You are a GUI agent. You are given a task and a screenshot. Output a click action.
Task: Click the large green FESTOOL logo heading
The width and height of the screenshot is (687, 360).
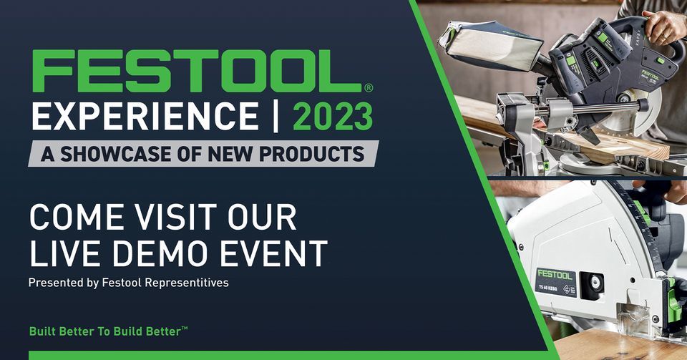pos(196,72)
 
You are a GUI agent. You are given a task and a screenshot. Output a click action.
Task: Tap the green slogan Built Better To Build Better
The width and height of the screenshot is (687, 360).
pos(108,331)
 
